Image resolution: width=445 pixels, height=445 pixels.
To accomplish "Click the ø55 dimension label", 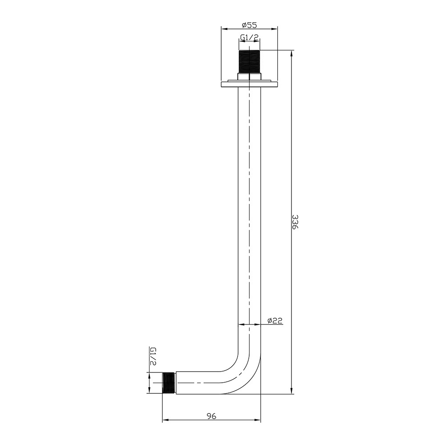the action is point(249,25).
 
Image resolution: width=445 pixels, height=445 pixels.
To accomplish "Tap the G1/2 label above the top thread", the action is point(250,37).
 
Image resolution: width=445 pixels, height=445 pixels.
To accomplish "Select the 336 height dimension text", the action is point(295,222).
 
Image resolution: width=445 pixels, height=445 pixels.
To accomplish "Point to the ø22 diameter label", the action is point(275,320).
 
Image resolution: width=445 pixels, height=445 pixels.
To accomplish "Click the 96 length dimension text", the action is point(211,416).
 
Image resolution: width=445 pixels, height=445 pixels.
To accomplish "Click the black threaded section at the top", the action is point(249,62).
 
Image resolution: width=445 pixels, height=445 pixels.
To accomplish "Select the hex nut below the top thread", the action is point(249,77).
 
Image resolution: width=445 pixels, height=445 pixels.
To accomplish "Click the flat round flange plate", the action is point(249,84).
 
